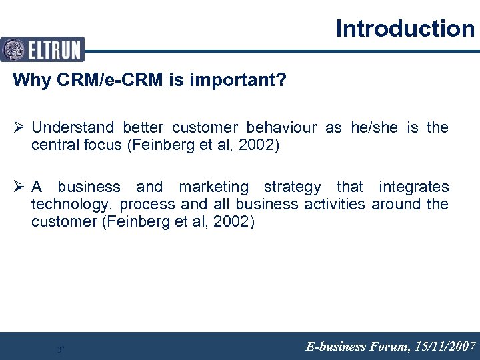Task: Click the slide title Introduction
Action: (x=405, y=29)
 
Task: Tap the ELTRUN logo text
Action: (x=54, y=50)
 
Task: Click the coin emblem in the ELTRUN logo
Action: (x=13, y=50)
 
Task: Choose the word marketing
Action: (x=213, y=187)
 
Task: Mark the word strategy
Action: (x=292, y=187)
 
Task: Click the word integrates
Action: (x=413, y=187)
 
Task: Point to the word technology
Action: (x=71, y=205)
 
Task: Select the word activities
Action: (x=335, y=205)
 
